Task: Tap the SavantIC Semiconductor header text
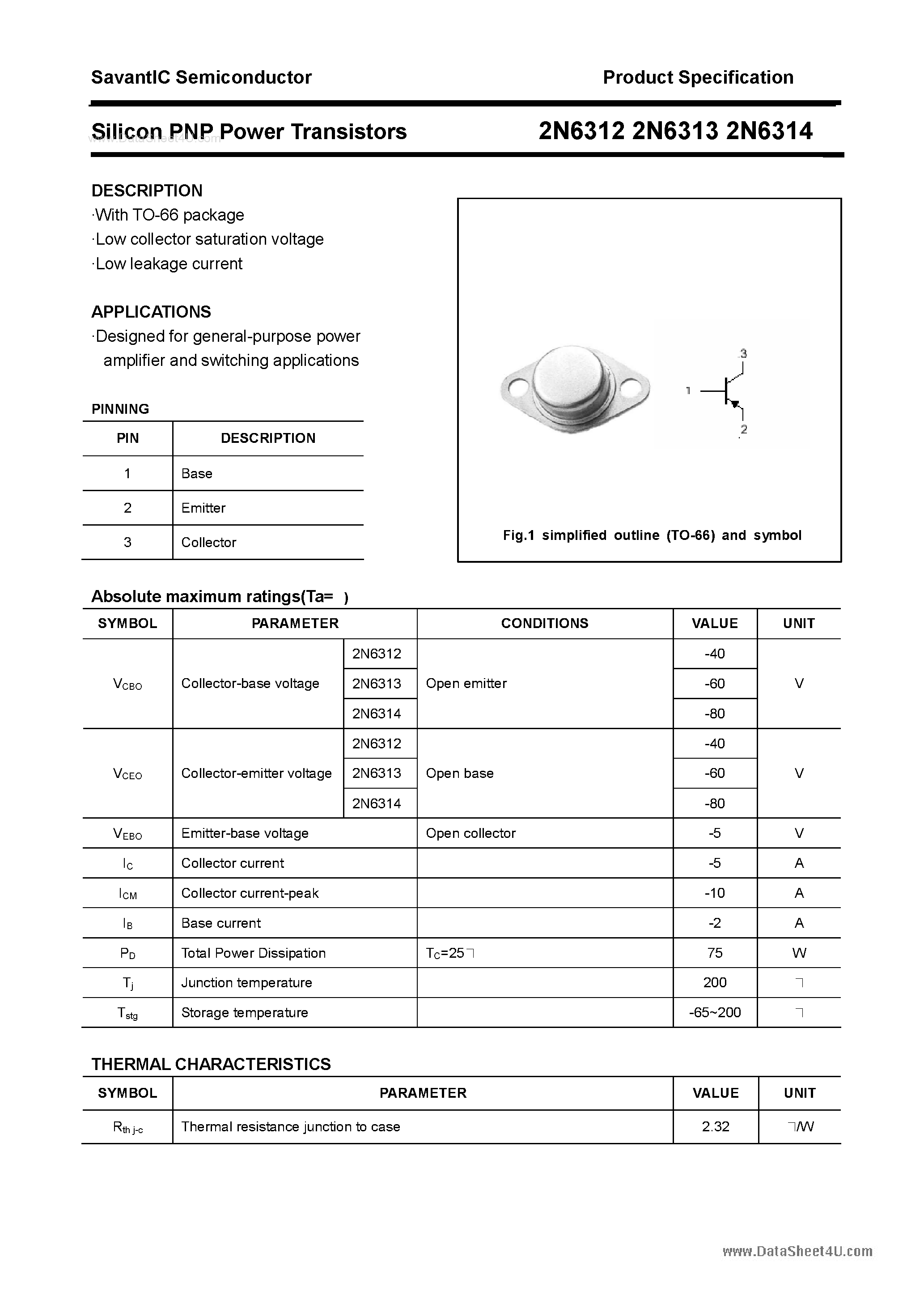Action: (201, 77)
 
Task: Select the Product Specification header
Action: (698, 77)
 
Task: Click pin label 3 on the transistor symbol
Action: (743, 354)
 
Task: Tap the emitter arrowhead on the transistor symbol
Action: (735, 404)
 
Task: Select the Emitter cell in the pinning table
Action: (203, 508)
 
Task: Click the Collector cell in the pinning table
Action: (208, 542)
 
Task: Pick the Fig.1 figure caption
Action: (652, 535)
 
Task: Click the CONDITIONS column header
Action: (545, 623)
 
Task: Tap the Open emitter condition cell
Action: (466, 684)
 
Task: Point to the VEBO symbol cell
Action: (127, 834)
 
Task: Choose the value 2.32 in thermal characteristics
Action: (716, 1127)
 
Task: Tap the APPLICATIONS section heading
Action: (151, 312)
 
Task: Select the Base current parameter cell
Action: (221, 923)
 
